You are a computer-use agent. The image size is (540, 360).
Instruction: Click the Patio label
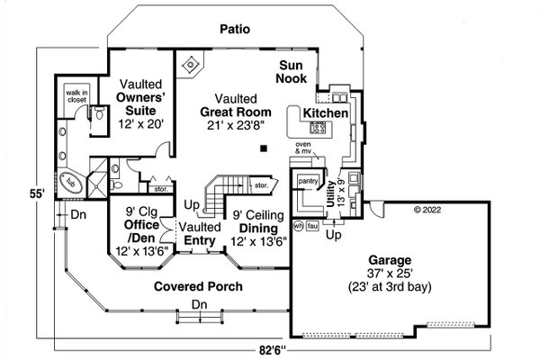234,30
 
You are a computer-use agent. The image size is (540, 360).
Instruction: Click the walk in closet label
76,98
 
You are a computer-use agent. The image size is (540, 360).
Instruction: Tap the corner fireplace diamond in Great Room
189,66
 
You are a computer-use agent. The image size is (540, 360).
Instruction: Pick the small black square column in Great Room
263,147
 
